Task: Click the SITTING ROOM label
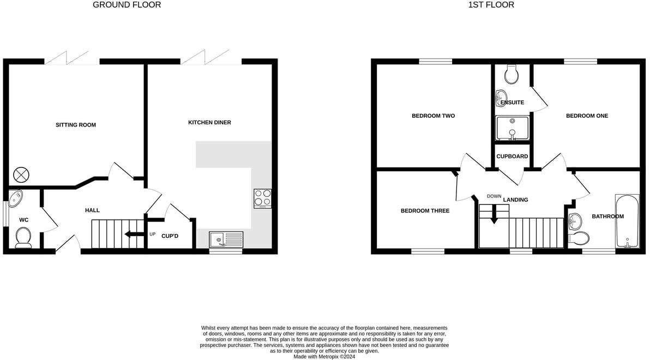click(x=75, y=125)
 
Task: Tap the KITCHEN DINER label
click(x=209, y=123)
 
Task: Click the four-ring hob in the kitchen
click(x=263, y=198)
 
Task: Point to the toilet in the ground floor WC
click(x=23, y=237)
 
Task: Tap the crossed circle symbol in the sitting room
click(x=21, y=175)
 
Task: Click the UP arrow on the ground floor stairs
click(x=131, y=235)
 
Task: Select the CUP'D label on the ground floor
click(x=170, y=236)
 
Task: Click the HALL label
click(x=92, y=210)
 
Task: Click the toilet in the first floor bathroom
click(x=578, y=238)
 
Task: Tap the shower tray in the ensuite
click(x=512, y=128)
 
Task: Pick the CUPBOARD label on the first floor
click(x=512, y=157)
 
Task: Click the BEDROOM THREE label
click(x=425, y=211)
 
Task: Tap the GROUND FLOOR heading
click(x=127, y=5)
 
